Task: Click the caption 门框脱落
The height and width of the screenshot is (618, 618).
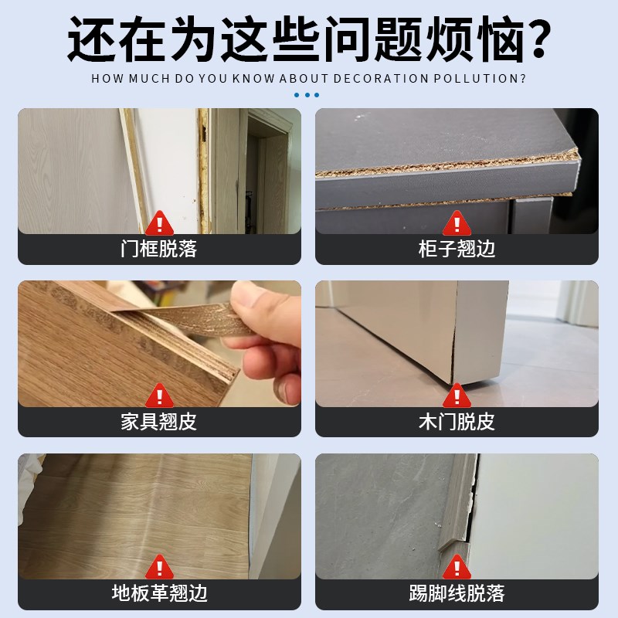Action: [x=159, y=249]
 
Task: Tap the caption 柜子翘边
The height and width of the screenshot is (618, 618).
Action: [x=457, y=249]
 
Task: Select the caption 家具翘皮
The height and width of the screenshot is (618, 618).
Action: [x=159, y=422]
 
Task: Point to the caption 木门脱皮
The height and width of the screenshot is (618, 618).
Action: [x=457, y=422]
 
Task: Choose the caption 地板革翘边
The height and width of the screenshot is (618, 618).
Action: [x=159, y=593]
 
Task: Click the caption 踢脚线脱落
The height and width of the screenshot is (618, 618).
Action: [x=457, y=593]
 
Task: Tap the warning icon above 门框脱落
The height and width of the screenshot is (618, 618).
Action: [x=159, y=222]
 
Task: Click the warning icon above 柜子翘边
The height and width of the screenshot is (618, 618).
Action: [x=457, y=222]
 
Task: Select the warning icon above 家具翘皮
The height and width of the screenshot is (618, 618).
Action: [x=159, y=395]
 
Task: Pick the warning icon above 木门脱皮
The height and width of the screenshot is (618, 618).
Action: [x=457, y=395]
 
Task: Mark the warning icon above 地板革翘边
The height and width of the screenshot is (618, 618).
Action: [x=159, y=566]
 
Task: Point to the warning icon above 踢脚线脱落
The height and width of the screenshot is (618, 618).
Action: [x=457, y=566]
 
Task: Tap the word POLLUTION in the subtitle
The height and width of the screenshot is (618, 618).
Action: [x=479, y=79]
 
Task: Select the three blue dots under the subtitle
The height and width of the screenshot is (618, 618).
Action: [x=307, y=95]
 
